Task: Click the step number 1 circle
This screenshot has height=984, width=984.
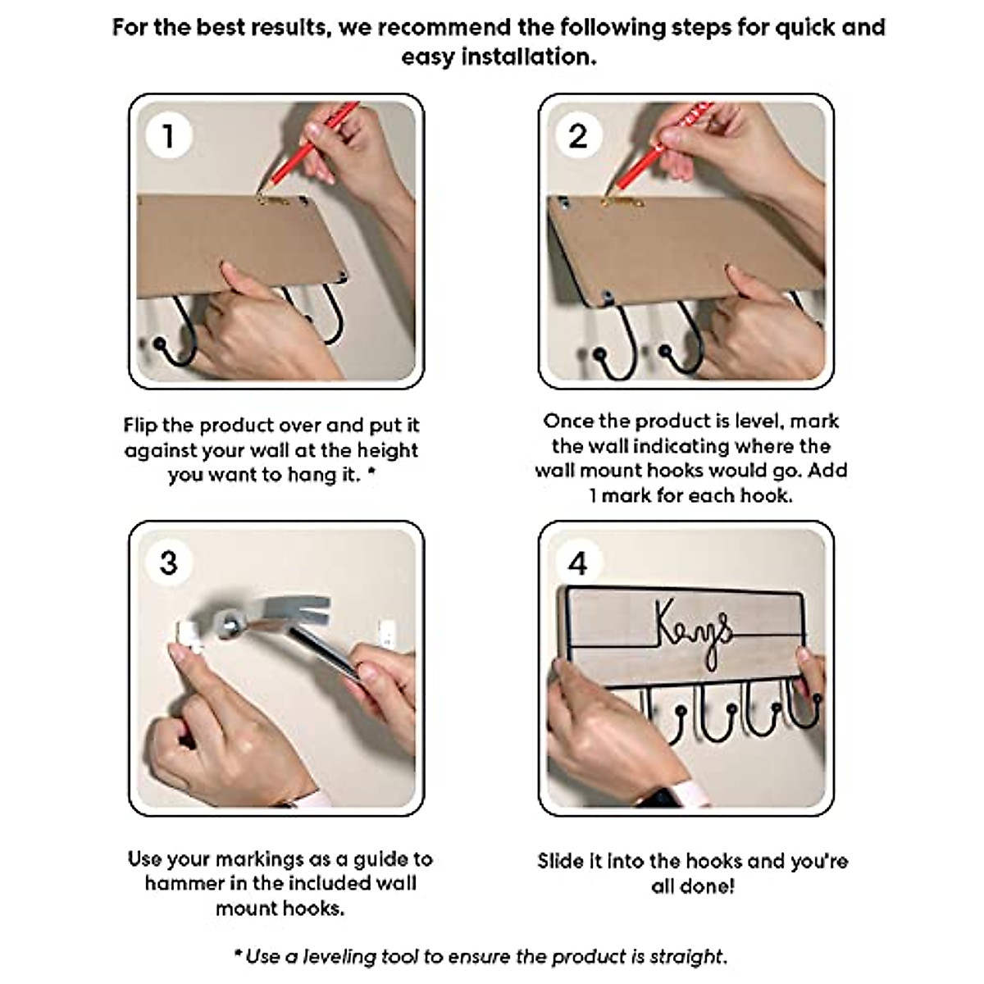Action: pyautogui.click(x=169, y=136)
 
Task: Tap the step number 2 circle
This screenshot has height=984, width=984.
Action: pyautogui.click(x=578, y=136)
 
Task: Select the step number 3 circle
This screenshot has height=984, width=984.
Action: pyautogui.click(x=169, y=563)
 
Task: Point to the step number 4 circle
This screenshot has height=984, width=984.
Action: pyautogui.click(x=578, y=563)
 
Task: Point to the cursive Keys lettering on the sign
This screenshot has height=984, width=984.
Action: pyautogui.click(x=695, y=634)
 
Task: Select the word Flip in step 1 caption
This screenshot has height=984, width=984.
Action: pyautogui.click(x=140, y=426)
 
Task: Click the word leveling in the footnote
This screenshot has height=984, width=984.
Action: pyautogui.click(x=339, y=956)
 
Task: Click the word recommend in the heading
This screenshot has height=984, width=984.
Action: pyautogui.click(x=446, y=27)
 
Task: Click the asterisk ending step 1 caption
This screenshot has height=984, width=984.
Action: pyautogui.click(x=371, y=472)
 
